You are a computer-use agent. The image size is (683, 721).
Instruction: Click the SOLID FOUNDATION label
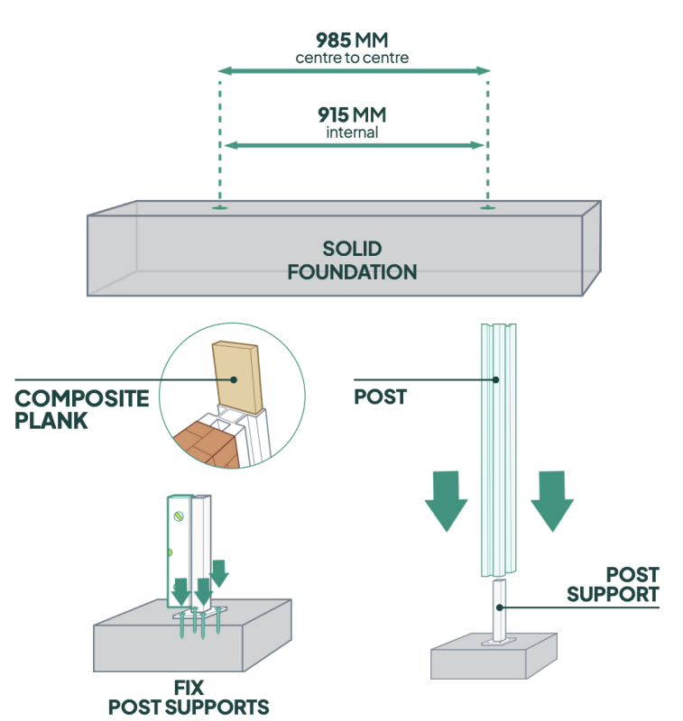pos(352,260)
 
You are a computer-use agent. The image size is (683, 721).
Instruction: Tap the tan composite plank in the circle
pos(235,379)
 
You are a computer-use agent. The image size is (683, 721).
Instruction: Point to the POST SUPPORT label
pos(632,584)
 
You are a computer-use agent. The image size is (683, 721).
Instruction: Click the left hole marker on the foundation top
pos(219,208)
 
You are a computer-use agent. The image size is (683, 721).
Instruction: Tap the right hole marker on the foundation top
pos(488,208)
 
